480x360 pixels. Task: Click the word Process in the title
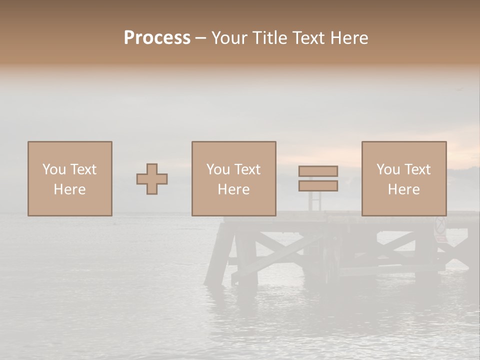tap(157, 38)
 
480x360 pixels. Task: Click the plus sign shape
tap(152, 178)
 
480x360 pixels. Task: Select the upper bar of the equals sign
tap(318, 171)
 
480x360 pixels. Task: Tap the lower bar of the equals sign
tap(318, 185)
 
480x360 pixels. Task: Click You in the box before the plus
tap(54, 169)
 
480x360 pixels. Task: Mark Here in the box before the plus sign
tap(69, 189)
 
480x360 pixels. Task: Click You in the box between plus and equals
tap(218, 169)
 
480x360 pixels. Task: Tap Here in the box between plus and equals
tap(233, 189)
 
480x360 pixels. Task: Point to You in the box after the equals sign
tap(388, 169)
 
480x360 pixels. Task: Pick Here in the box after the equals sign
tap(403, 189)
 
